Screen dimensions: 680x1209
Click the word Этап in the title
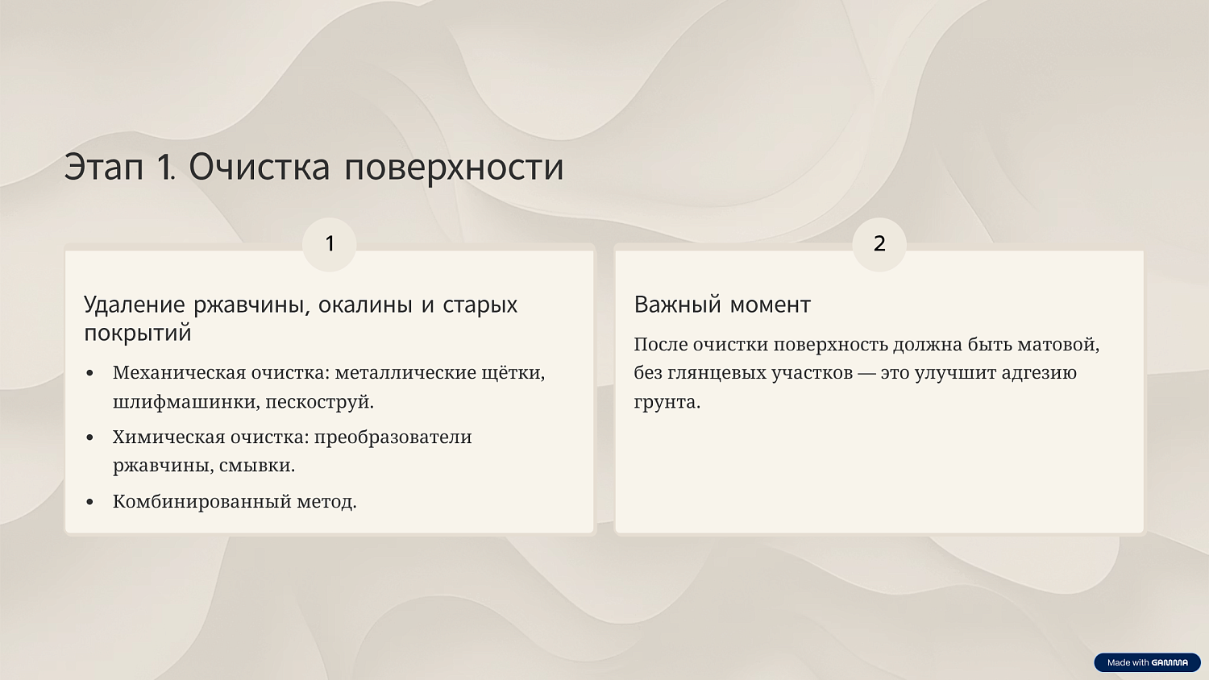coord(104,167)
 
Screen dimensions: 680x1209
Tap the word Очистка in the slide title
coord(259,167)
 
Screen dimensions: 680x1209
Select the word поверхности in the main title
coord(454,167)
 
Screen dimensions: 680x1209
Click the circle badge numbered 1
coord(329,243)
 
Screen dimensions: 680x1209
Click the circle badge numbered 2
coord(879,243)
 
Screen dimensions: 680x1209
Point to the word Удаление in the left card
coord(135,305)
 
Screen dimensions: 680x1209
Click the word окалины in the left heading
coord(365,305)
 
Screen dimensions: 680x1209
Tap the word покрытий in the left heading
coord(138,333)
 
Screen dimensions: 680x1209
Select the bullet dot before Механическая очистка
coord(90,373)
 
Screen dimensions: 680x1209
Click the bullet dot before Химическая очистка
coord(90,437)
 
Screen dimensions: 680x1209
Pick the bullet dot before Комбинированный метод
coord(90,502)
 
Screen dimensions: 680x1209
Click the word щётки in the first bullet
coord(513,373)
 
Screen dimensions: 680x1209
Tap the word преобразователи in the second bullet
coord(393,437)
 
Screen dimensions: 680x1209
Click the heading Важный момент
coord(722,305)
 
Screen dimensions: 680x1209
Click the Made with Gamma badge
coord(1147,662)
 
